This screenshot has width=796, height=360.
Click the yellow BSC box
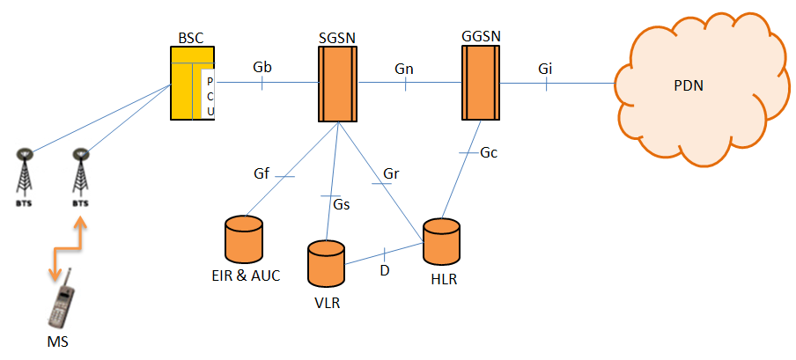pyautogui.click(x=186, y=84)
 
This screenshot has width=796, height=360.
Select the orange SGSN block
pyautogui.click(x=337, y=84)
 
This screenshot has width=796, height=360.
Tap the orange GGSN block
pyautogui.click(x=480, y=84)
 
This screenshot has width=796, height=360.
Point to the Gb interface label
pyautogui.click(x=262, y=67)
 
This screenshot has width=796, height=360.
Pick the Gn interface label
pyautogui.click(x=405, y=68)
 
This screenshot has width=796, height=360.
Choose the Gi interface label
pyautogui.click(x=546, y=68)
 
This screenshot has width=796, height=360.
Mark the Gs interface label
pyautogui.click(x=342, y=205)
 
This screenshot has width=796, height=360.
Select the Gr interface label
pyautogui.click(x=392, y=174)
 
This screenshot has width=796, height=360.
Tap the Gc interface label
pyautogui.click(x=489, y=152)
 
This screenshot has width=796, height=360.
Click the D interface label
pyautogui.click(x=385, y=269)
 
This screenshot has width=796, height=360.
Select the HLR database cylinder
pyautogui.click(x=441, y=242)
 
